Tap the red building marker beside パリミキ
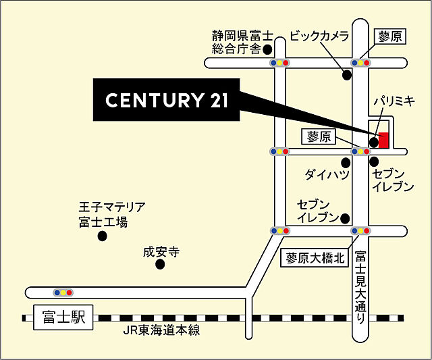point(383,140)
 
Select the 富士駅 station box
point(62,317)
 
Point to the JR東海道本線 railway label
point(162,331)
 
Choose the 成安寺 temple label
point(161,252)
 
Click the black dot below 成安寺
point(160,265)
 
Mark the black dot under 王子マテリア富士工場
point(102,236)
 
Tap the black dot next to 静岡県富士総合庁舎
point(267,49)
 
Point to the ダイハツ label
point(327,174)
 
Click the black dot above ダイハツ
point(346,162)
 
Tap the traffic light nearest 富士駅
point(63,293)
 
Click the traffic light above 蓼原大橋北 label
point(358,231)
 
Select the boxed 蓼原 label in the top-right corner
point(390,36)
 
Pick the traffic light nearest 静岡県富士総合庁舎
point(279,63)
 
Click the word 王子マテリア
point(112,207)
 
